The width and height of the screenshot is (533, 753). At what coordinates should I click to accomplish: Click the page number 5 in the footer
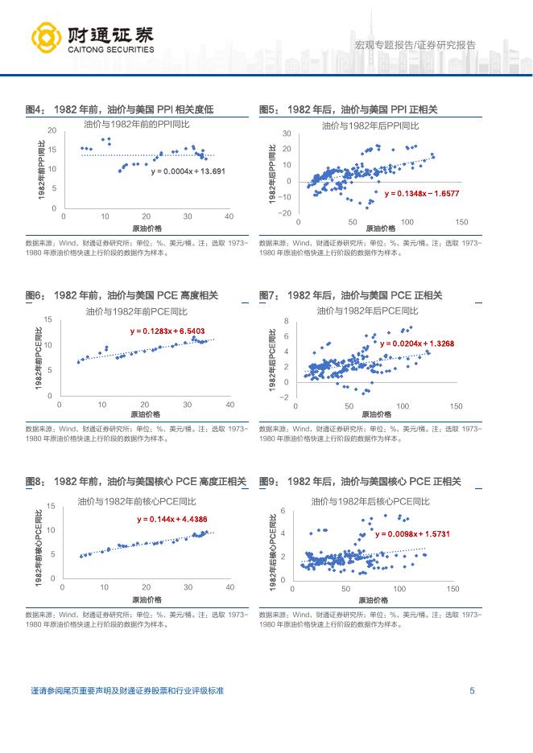point(472,690)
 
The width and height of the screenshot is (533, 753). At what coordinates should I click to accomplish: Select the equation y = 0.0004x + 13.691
point(188,171)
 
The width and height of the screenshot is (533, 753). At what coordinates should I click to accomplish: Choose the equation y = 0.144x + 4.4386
point(172,520)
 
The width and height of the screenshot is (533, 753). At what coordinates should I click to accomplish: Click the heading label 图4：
point(35,109)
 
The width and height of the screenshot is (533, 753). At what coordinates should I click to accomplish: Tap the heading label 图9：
point(269,481)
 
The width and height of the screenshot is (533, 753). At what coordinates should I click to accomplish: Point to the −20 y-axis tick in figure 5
point(285,212)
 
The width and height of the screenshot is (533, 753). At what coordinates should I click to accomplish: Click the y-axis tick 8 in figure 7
point(286,322)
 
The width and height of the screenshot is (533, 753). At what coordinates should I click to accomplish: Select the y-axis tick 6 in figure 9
point(283,511)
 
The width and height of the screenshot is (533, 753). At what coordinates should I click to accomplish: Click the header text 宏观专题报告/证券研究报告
point(415,45)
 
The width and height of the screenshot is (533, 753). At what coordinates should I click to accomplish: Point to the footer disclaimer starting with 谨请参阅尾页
point(126,690)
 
